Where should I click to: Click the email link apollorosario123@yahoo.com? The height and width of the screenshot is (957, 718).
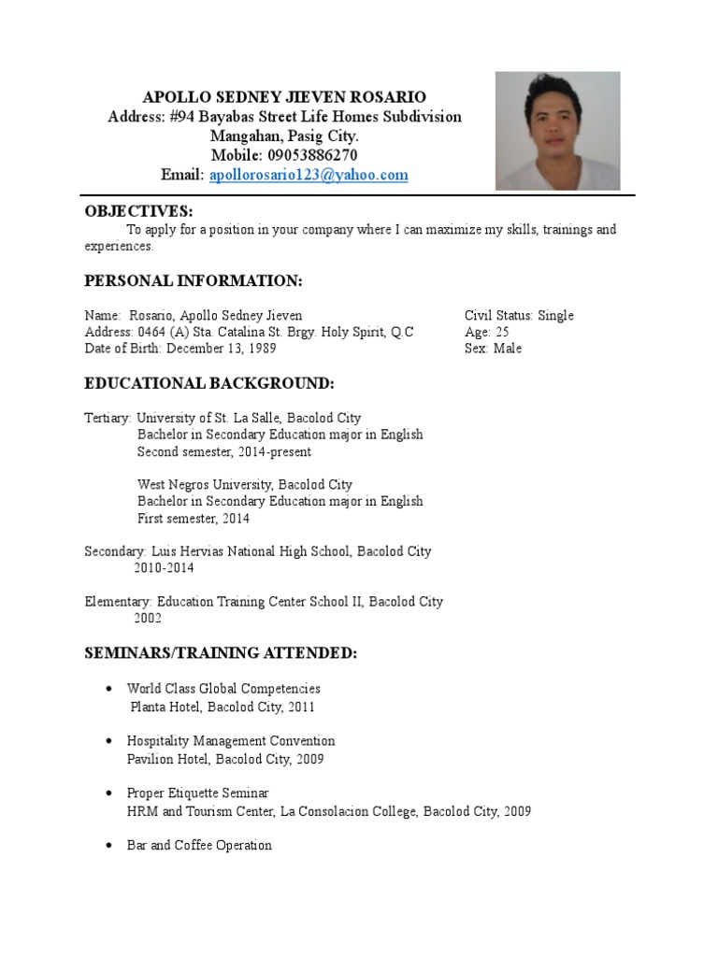coord(309,175)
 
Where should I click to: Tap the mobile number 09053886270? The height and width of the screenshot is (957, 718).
coord(311,155)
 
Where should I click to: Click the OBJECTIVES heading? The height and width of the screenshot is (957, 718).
coord(138,211)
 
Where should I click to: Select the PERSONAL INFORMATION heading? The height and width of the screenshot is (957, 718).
coord(194,280)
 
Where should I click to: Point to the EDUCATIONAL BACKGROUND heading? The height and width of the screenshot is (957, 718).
coord(208,383)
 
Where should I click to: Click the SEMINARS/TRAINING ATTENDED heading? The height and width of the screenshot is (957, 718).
coord(221,652)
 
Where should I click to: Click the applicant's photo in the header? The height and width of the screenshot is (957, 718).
coord(557,131)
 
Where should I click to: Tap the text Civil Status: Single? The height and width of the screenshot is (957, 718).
coord(519,316)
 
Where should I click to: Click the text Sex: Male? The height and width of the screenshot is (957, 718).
coord(494,349)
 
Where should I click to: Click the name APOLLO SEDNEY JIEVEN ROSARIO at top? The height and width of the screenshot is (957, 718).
coord(284,97)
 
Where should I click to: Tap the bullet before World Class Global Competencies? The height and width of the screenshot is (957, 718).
coord(110,689)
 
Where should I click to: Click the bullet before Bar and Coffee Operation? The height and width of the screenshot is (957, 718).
coord(110,846)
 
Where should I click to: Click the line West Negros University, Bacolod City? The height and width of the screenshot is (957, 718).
coord(245,485)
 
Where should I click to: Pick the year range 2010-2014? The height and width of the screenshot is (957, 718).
coord(165,568)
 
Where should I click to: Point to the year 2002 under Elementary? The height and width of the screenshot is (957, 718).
coord(148,619)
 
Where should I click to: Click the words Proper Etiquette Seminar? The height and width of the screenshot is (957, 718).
coord(197,793)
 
